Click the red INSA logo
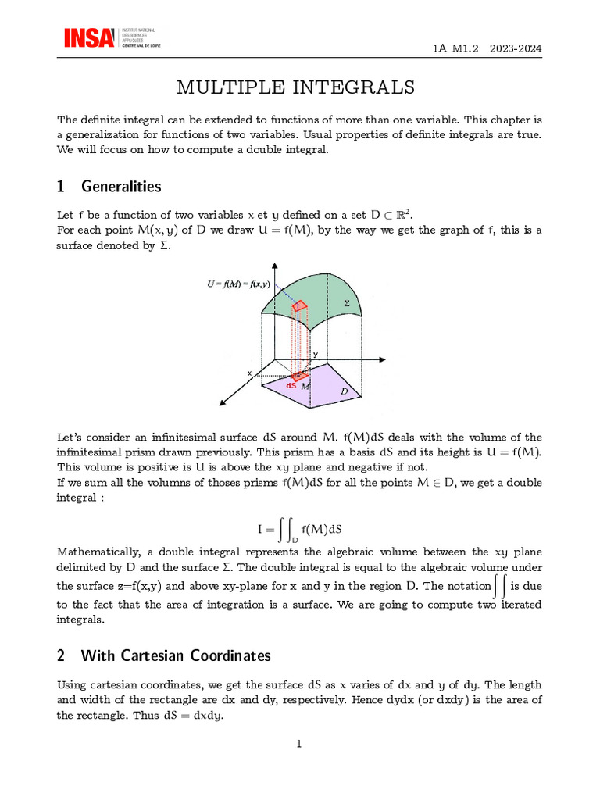tap(89, 38)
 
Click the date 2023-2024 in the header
tap(516, 48)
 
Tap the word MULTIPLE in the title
tap(229, 87)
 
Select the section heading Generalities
tap(121, 187)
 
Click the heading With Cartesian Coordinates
tap(176, 655)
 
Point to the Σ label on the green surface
tap(347, 302)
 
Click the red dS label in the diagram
tap(291, 385)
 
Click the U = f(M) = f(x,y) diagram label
tap(238, 284)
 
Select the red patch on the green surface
tap(300, 306)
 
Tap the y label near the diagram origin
tap(316, 355)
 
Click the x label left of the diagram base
tap(250, 373)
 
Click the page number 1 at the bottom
tap(299, 744)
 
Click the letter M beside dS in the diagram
tap(306, 387)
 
